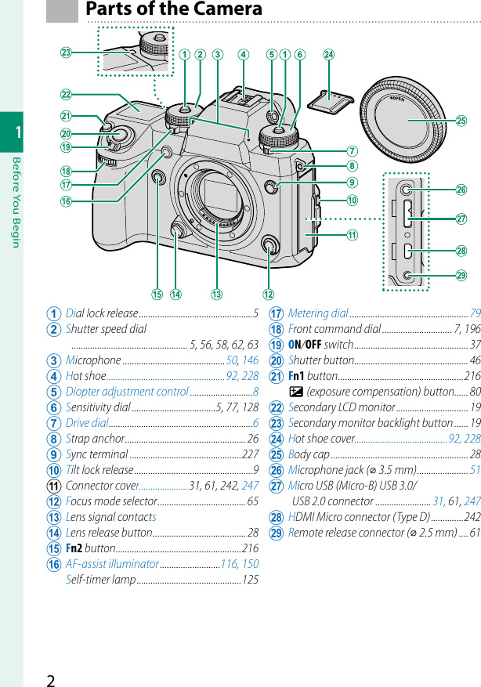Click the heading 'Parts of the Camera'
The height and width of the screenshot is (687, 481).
(x=173, y=9)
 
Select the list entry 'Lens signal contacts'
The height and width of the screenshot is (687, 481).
(x=110, y=517)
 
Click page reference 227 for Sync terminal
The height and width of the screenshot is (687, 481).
(x=250, y=454)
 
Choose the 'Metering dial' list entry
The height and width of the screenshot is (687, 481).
(x=318, y=313)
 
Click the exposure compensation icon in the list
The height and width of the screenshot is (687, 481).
(x=295, y=392)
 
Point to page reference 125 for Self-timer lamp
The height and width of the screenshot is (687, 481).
(x=250, y=580)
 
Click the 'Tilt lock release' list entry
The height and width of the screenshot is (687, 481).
(x=99, y=470)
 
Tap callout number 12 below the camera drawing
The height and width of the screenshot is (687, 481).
(x=269, y=295)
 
